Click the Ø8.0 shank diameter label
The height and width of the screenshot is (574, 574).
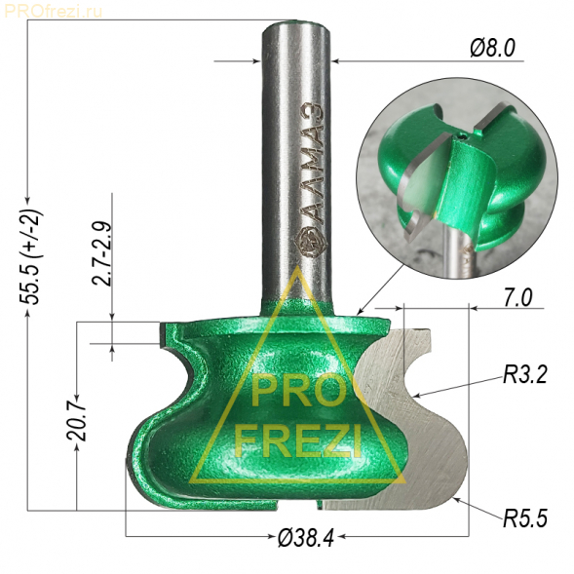click(492, 48)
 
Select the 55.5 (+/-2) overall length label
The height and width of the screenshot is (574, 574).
click(31, 256)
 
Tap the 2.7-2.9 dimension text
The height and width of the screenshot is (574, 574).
click(101, 253)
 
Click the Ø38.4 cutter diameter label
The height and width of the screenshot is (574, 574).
click(306, 538)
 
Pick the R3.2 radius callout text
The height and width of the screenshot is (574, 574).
click(525, 375)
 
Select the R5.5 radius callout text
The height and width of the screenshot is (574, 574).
click(525, 518)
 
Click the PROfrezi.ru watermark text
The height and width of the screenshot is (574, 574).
click(53, 12)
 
